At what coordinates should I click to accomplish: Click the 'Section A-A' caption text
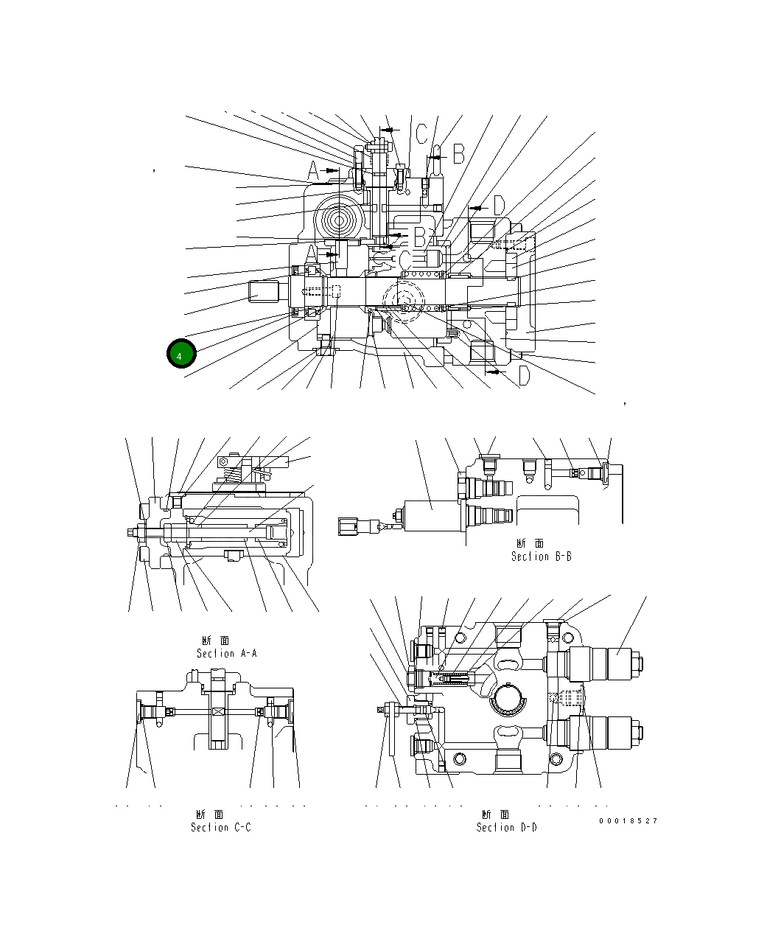(226, 653)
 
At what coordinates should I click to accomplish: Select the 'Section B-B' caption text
(541, 557)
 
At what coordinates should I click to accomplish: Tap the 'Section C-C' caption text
(220, 827)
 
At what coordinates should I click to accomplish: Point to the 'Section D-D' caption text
(506, 827)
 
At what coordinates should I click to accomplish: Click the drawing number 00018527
(628, 820)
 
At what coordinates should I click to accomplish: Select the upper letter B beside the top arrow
(458, 154)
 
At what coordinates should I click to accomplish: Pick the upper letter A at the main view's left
(313, 172)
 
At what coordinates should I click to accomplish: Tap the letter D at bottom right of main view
(523, 377)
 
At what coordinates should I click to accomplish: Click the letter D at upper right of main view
(498, 206)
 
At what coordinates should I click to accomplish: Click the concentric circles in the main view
(340, 220)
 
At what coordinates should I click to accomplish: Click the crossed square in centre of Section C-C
(218, 712)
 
